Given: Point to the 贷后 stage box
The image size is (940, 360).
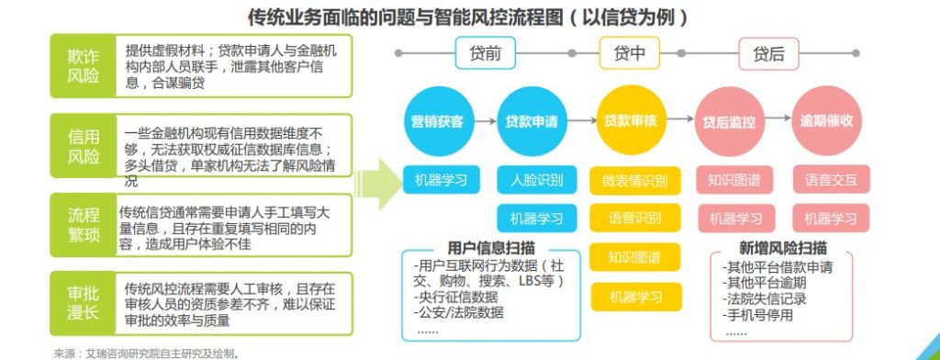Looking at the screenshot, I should (x=768, y=53).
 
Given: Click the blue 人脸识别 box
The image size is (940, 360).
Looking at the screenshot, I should (x=538, y=179).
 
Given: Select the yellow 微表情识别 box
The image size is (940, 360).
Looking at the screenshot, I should (x=634, y=179).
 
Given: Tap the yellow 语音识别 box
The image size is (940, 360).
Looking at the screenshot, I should (x=634, y=219).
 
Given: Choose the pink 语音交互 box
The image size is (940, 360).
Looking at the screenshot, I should (x=831, y=179).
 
